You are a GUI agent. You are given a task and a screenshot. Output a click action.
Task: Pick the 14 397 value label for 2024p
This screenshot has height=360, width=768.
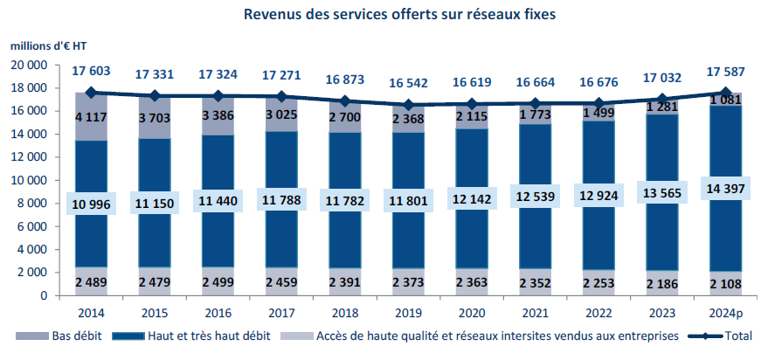point(726,190)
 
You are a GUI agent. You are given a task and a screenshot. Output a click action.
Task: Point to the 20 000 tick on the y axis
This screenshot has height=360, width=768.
point(31,66)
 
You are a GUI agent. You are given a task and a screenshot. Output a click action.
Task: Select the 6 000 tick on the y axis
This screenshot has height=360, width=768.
point(35,226)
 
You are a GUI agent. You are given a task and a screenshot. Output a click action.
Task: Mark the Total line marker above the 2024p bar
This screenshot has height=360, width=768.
point(726,93)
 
